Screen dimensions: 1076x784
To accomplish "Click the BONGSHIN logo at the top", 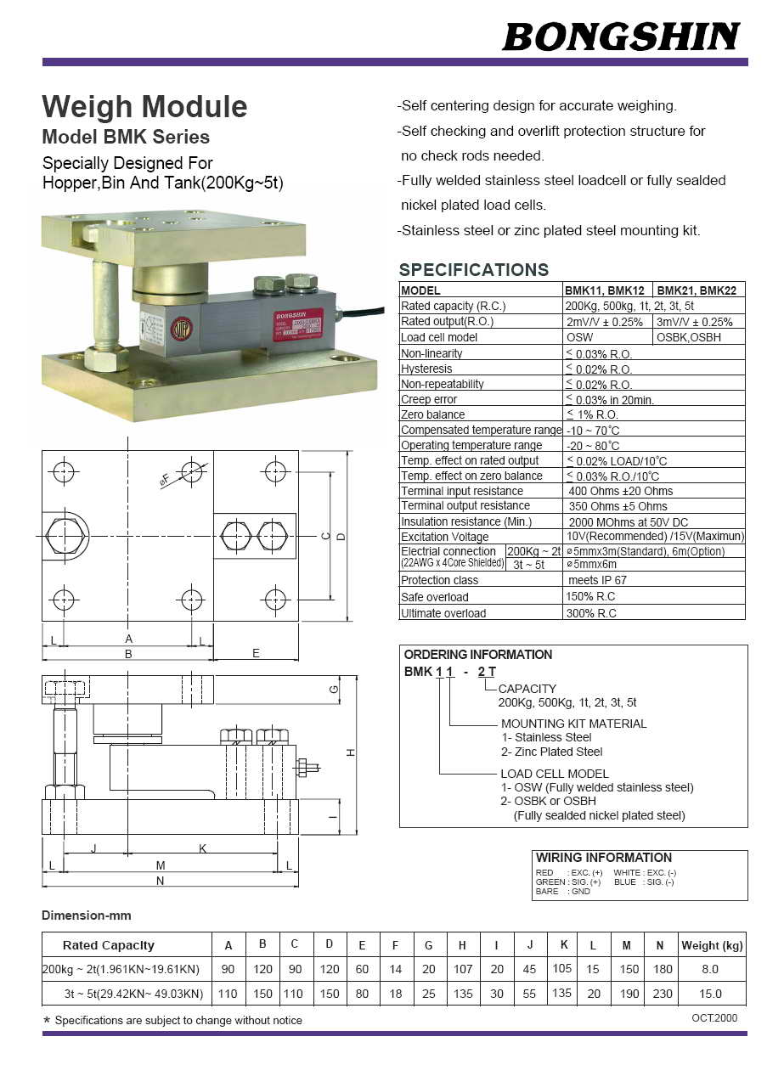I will [x=621, y=37].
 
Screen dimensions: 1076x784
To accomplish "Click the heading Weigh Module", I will [x=144, y=107].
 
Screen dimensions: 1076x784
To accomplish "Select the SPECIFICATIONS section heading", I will [x=473, y=270].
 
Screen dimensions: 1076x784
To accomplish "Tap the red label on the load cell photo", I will [x=296, y=324].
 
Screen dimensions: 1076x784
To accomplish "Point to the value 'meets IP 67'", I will [x=597, y=580].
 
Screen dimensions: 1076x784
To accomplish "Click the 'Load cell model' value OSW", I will [x=580, y=337].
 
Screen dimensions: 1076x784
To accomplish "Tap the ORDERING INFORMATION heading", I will [x=477, y=655].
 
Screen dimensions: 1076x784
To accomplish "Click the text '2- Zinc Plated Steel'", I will [x=551, y=752].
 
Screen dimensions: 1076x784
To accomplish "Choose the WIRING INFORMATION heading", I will [x=603, y=858].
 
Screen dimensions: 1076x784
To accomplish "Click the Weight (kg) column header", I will [x=712, y=945].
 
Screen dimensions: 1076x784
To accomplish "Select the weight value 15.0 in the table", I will [x=710, y=994].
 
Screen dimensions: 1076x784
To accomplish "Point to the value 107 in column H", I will [x=462, y=969].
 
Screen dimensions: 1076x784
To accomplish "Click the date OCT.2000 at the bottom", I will [x=713, y=1018].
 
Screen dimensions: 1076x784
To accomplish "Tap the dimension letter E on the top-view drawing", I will [x=256, y=653].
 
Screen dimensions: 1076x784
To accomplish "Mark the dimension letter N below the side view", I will [x=160, y=881].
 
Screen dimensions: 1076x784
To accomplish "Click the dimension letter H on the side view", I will [x=350, y=753].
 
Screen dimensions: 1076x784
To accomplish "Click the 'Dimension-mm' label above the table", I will [x=87, y=915].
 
